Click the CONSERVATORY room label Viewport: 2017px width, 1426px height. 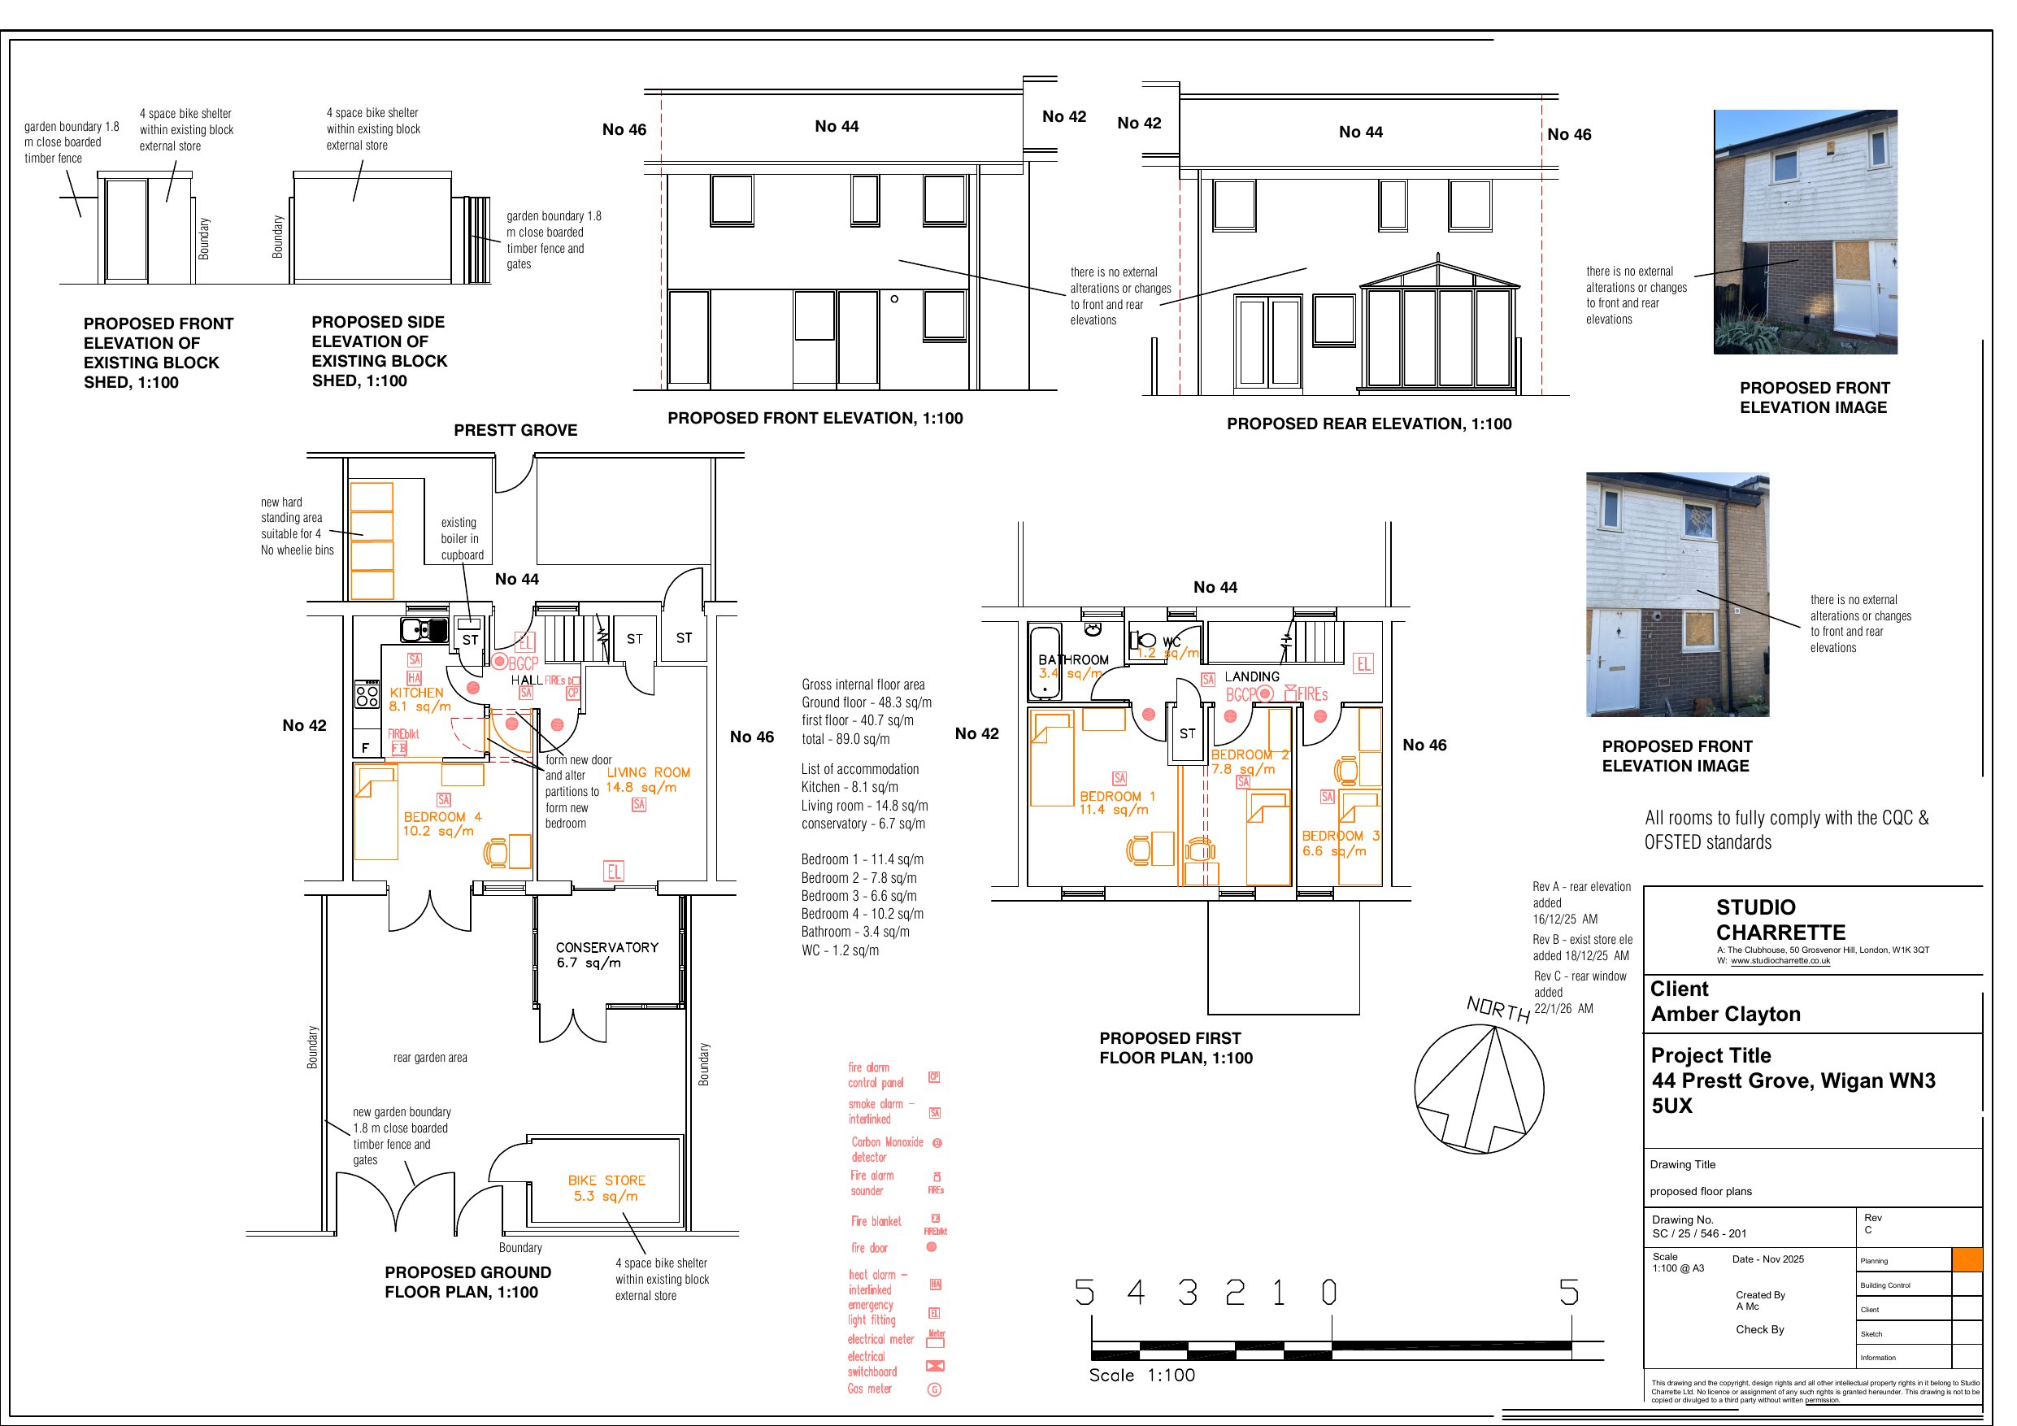(606, 947)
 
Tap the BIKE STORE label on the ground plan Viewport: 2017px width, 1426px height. (606, 1180)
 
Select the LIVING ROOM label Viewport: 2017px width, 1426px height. (648, 772)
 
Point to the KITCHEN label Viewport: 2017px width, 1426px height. (416, 693)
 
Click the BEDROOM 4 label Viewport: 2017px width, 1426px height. (442, 816)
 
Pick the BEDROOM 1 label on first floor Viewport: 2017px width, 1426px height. (1117, 796)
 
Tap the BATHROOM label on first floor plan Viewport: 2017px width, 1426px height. (1073, 659)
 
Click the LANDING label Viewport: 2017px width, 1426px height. (1251, 676)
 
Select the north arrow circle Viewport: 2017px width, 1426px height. (1479, 1089)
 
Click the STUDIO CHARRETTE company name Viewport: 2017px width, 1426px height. (1780, 920)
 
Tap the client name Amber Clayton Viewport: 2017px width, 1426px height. (1725, 1014)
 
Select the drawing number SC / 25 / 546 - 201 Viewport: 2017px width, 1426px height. (1699, 1233)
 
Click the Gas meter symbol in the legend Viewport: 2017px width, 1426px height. (935, 1389)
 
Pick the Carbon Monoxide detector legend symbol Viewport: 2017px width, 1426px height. (937, 1143)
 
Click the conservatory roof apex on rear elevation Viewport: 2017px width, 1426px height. (1438, 258)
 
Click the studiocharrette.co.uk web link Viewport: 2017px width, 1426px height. (1780, 960)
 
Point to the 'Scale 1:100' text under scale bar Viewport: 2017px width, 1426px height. (1141, 1375)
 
